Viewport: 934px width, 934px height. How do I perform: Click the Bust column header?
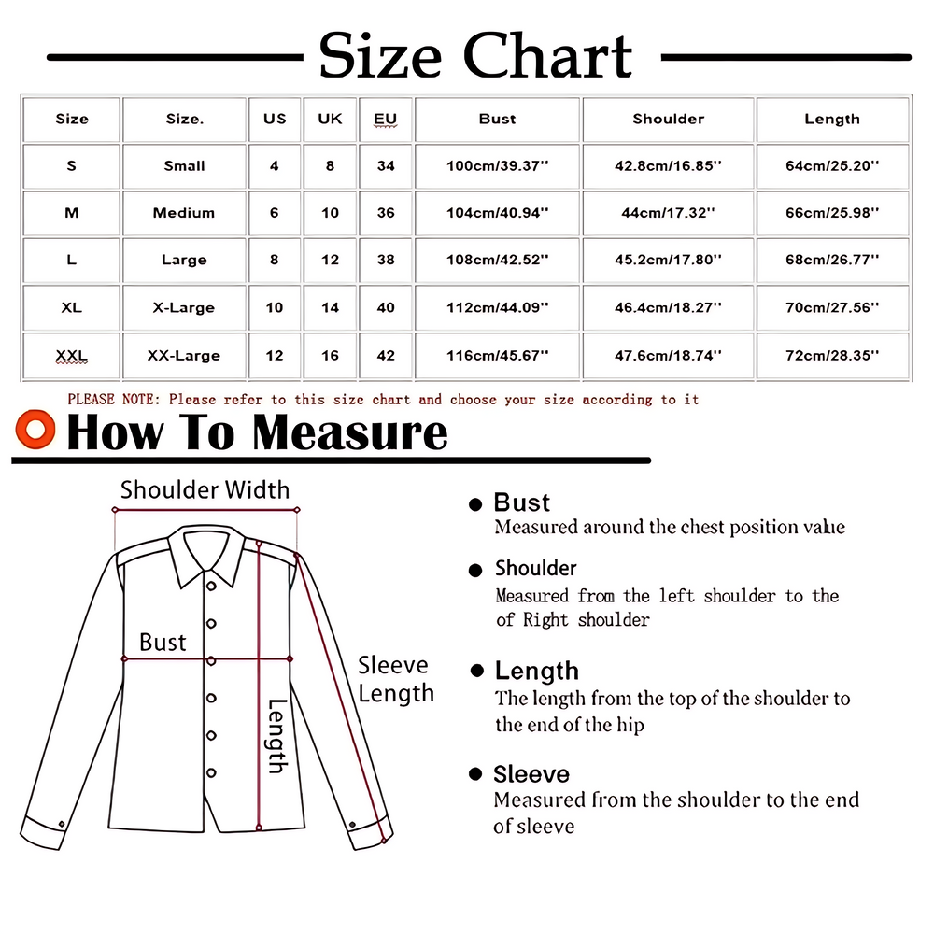[x=497, y=119]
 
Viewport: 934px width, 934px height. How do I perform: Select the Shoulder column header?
[x=668, y=119]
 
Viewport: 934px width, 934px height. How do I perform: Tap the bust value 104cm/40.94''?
[x=497, y=213]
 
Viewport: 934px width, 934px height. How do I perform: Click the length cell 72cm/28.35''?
[x=832, y=356]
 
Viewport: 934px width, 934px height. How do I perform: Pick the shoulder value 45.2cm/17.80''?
[x=668, y=261]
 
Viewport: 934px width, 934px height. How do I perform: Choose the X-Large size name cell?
[x=184, y=308]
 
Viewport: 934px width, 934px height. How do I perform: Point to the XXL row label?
[x=71, y=356]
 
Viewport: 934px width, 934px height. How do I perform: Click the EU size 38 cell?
[x=386, y=261]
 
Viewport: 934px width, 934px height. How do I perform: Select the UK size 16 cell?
[x=330, y=356]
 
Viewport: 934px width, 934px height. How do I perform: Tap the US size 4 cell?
[x=275, y=166]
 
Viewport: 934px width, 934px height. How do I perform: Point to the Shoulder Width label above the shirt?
[x=205, y=489]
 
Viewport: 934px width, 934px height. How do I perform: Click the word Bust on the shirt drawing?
[x=163, y=643]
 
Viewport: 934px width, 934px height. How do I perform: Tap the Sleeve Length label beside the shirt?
[x=396, y=679]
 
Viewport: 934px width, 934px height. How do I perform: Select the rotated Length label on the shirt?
[x=277, y=736]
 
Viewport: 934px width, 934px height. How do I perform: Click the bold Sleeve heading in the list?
[x=531, y=774]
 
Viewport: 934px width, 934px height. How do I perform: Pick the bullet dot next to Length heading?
[x=478, y=671]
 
